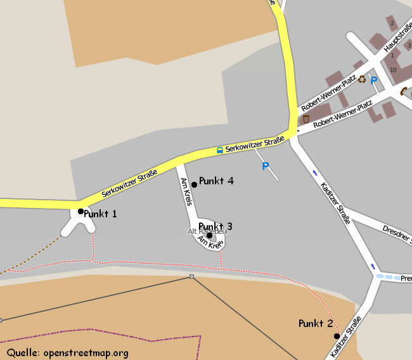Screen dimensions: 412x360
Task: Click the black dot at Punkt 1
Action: tap(80, 211)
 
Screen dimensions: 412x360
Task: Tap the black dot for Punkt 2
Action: tap(337, 336)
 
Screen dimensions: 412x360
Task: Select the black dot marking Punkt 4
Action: tap(194, 184)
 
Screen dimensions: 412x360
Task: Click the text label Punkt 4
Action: tap(216, 181)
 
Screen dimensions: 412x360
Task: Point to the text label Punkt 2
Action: tap(315, 324)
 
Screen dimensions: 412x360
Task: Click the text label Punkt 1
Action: tap(100, 214)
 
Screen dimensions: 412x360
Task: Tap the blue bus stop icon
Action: tap(219, 150)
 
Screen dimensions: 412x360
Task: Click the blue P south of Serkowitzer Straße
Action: tap(266, 166)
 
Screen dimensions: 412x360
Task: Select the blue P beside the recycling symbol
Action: tap(374, 80)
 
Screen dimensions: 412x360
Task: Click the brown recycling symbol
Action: tap(362, 79)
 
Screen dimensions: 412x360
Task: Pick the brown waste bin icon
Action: tap(306, 119)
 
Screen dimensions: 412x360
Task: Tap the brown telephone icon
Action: tap(404, 91)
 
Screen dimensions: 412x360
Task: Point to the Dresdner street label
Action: tap(397, 233)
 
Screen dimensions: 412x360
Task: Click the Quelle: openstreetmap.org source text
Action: tap(68, 352)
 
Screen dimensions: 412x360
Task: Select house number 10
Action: tap(393, 70)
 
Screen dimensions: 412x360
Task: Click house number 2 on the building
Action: tap(392, 23)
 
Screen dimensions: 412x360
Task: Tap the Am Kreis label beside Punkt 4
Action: tap(186, 191)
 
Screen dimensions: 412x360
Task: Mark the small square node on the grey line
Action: tap(191, 276)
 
